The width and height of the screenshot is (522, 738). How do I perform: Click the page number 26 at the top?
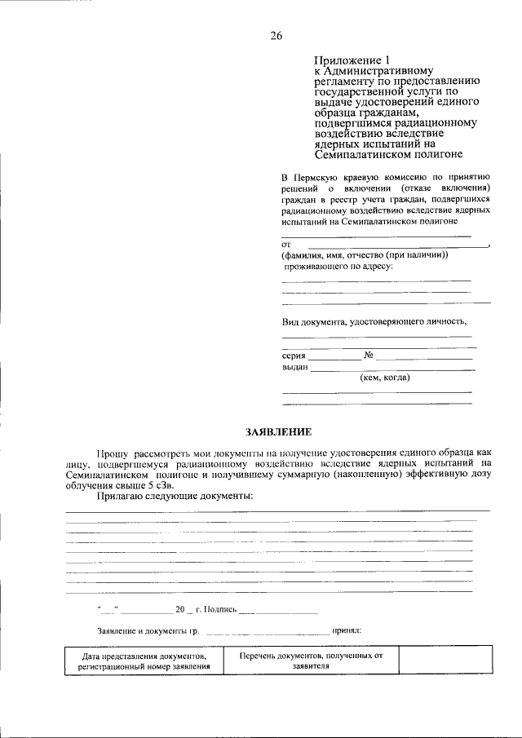(x=276, y=35)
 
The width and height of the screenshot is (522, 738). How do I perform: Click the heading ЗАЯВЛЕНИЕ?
(x=277, y=431)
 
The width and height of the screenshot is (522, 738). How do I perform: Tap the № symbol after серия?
(x=369, y=356)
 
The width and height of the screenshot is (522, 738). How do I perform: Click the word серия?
(x=294, y=356)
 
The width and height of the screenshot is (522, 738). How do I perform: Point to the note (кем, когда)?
(x=385, y=378)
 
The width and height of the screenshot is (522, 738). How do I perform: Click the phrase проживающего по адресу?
(x=338, y=266)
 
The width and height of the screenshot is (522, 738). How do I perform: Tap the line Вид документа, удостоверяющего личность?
(x=374, y=321)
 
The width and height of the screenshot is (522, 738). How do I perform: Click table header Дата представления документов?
(x=144, y=655)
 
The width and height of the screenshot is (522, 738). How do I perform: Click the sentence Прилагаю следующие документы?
(x=175, y=496)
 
